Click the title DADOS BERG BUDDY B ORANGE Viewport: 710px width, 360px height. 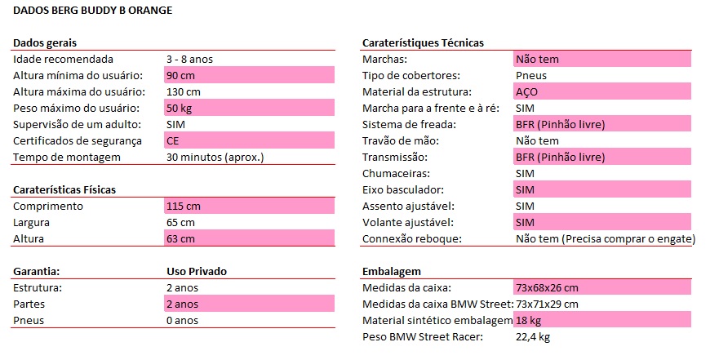click(x=93, y=11)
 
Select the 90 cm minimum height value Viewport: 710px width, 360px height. click(x=180, y=76)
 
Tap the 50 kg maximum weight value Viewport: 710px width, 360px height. click(x=179, y=109)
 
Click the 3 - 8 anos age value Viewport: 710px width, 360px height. click(x=189, y=60)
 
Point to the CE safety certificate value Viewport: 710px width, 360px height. click(x=173, y=141)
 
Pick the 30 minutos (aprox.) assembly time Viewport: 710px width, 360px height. click(x=215, y=158)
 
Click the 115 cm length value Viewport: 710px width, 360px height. click(x=183, y=207)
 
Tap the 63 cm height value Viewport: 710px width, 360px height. click(x=180, y=239)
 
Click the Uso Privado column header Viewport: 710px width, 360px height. click(x=196, y=271)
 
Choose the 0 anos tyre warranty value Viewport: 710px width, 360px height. click(x=182, y=320)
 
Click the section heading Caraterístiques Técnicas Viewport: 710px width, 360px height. click(x=423, y=42)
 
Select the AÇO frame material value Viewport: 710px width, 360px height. click(x=527, y=92)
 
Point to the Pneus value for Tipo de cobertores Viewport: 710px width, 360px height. click(x=531, y=76)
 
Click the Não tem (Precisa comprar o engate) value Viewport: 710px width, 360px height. click(x=606, y=239)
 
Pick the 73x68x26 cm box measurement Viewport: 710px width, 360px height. click(x=547, y=287)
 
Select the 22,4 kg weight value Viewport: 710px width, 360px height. click(x=535, y=336)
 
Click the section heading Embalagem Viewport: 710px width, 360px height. click(x=393, y=271)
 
